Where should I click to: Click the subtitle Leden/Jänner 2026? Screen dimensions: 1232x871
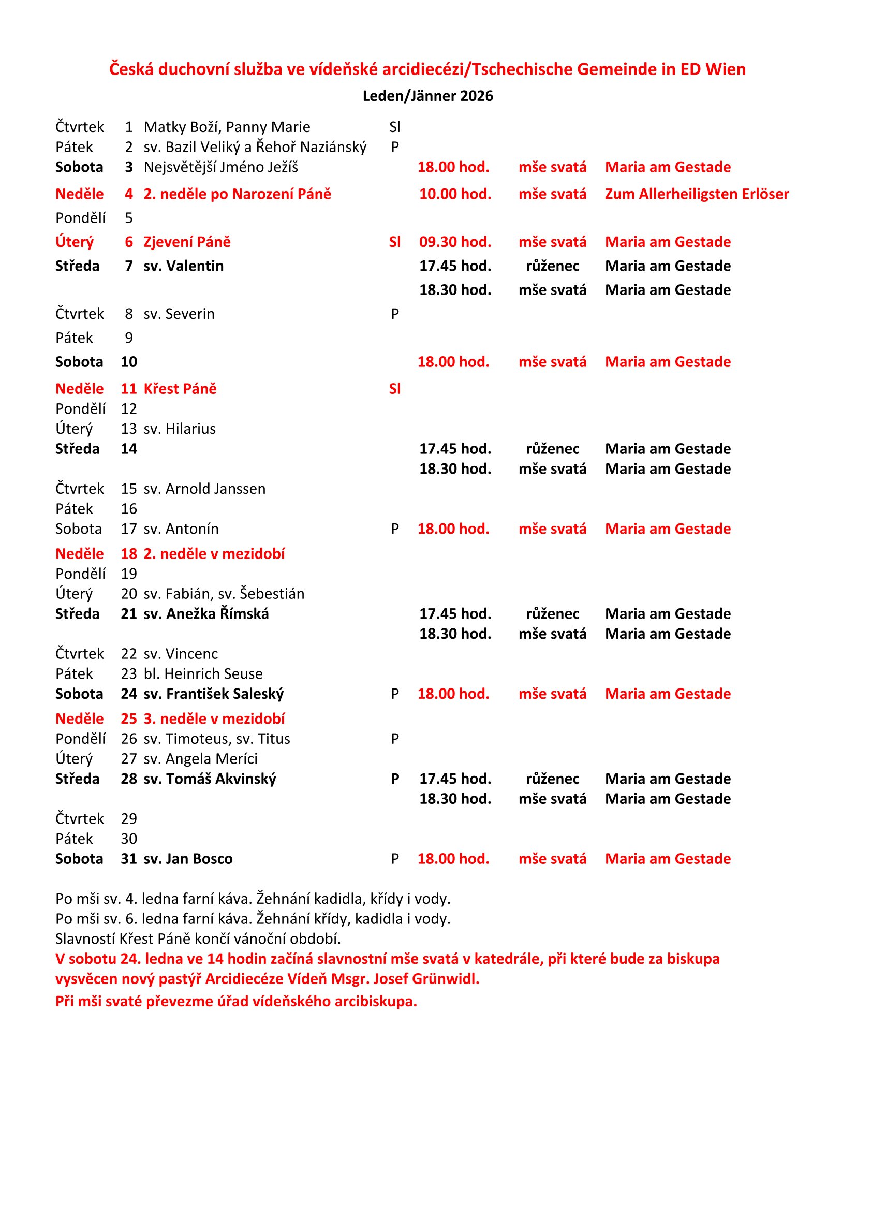[x=427, y=96]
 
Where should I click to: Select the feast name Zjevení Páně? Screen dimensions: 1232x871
[x=187, y=242]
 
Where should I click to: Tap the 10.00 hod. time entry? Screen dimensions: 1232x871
[x=455, y=194]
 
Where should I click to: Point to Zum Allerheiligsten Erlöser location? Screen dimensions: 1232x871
[x=697, y=194]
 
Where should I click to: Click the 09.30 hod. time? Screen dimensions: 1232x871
[x=455, y=242]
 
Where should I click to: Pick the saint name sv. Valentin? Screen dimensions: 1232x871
[x=183, y=266]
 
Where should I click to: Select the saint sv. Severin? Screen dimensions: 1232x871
[x=179, y=314]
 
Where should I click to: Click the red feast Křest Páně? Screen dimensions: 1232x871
[x=180, y=389]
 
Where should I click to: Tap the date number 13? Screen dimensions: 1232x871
[x=129, y=429]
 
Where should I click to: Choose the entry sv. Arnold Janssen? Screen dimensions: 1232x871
[x=204, y=489]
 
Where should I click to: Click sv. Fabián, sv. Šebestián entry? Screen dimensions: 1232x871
[x=224, y=594]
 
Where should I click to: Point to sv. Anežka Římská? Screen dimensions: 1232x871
[x=206, y=614]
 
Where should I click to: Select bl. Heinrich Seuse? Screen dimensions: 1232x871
[x=203, y=674]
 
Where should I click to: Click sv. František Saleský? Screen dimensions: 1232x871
[x=213, y=694]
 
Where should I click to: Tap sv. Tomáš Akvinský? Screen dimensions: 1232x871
[x=210, y=779]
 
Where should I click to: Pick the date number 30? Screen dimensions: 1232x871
[x=129, y=839]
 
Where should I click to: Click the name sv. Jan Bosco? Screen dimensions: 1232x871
[x=188, y=859]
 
